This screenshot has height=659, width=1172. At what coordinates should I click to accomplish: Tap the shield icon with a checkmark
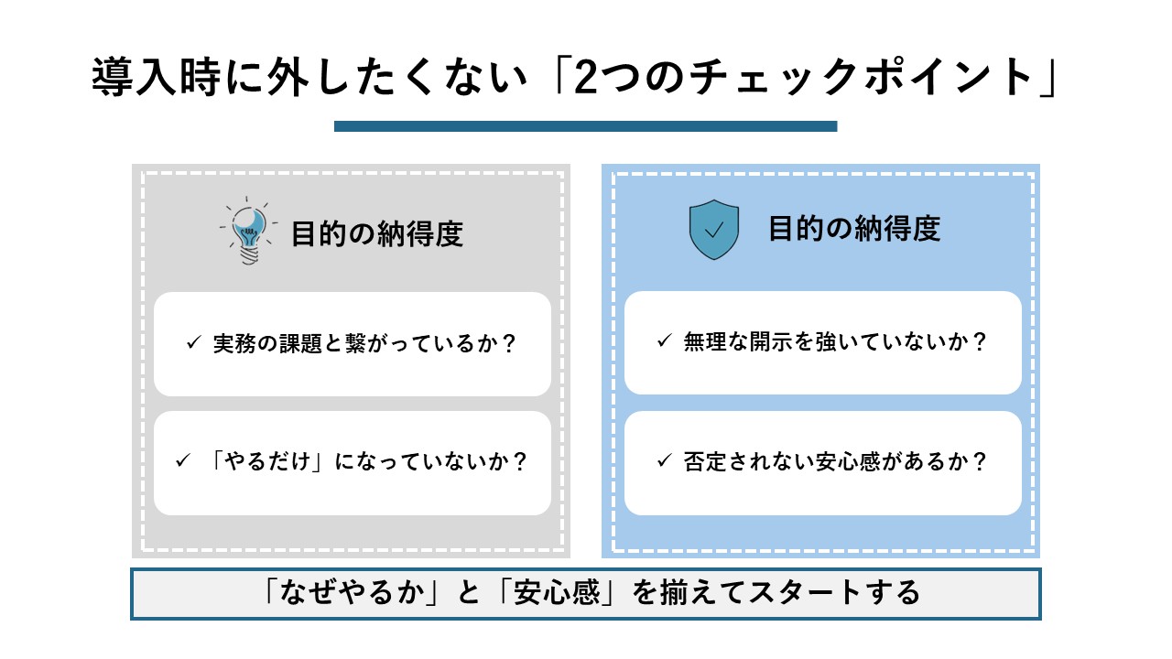coord(713,229)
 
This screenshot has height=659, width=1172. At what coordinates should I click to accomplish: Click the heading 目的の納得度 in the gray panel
coord(377,234)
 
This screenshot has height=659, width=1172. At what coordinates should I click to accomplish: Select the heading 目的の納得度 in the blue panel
coord(854,229)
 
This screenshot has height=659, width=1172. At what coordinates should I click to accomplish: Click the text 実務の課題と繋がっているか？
coord(364,344)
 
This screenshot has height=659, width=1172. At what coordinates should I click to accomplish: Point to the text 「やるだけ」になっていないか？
coord(364,461)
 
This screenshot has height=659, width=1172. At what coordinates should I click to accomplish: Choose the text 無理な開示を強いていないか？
coord(835,343)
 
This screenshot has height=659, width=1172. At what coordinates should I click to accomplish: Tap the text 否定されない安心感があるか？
coord(835,461)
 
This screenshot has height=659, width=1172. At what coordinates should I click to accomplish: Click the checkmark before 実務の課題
coord(193,343)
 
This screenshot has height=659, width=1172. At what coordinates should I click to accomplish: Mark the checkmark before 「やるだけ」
coord(181,460)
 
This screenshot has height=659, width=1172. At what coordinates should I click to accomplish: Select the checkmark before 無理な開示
coord(664,342)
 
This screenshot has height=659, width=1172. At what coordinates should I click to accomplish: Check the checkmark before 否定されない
coord(664,460)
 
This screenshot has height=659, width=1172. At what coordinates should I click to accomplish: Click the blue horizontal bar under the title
coord(585,126)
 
